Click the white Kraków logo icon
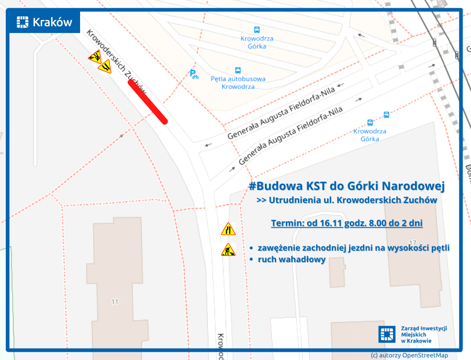pyautogui.click(x=23, y=22)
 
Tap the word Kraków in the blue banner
pyautogui.click(x=52, y=22)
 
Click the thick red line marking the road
pyautogui.click(x=148, y=103)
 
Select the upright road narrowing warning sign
pyautogui.click(x=228, y=229)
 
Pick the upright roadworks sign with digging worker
pyautogui.click(x=228, y=250)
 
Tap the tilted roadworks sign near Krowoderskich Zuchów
pyautogui.click(x=95, y=57)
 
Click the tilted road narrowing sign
pyautogui.click(x=105, y=67)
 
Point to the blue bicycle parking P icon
pyautogui.click(x=194, y=75)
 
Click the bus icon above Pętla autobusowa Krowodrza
pyautogui.click(x=238, y=70)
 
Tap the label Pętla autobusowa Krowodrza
pyautogui.click(x=238, y=83)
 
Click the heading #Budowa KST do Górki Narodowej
pyautogui.click(x=346, y=186)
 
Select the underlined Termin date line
pyautogui.click(x=347, y=223)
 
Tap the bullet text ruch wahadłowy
pyautogui.click(x=291, y=259)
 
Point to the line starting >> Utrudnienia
pyautogui.click(x=346, y=200)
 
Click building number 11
pyautogui.click(x=115, y=302)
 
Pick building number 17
pyautogui.click(x=413, y=243)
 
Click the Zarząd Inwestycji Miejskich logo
pyautogui.click(x=387, y=334)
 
